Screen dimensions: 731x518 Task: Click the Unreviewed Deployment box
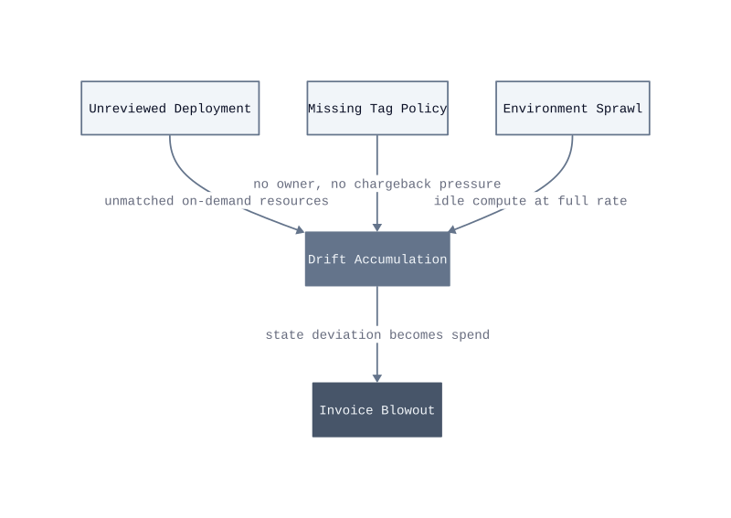pyautogui.click(x=170, y=108)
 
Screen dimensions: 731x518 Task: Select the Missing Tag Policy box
pyautogui.click(x=377, y=108)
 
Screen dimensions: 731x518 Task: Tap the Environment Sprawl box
pyautogui.click(x=573, y=108)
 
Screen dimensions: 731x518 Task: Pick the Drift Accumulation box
pyautogui.click(x=377, y=259)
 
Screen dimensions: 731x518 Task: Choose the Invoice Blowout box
pyautogui.click(x=377, y=410)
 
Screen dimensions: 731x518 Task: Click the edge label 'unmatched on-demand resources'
pyautogui.click(x=217, y=201)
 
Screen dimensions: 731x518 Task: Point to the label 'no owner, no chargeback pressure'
pyautogui.click(x=377, y=185)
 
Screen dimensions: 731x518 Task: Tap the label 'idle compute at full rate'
pyautogui.click(x=531, y=201)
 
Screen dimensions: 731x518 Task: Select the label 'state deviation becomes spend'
pyautogui.click(x=377, y=334)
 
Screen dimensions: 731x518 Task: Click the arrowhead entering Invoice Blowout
pyautogui.click(x=377, y=378)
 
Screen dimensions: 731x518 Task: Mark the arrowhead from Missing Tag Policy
pyautogui.click(x=377, y=227)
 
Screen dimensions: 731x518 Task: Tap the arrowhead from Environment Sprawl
pyautogui.click(x=451, y=229)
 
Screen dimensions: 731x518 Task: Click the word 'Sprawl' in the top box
pyautogui.click(x=620, y=108)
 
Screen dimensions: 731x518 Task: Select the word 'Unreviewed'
pyautogui.click(x=127, y=108)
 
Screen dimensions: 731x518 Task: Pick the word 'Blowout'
pyautogui.click(x=408, y=410)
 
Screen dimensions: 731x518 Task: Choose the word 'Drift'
pyautogui.click(x=327, y=259)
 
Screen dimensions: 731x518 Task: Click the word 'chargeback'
pyautogui.click(x=393, y=185)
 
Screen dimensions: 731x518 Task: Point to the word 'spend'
pyautogui.click(x=471, y=334)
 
